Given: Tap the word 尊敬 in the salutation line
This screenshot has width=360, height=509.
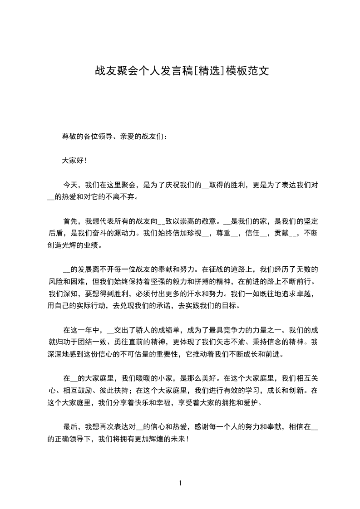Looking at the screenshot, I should pyautogui.click(x=69, y=136).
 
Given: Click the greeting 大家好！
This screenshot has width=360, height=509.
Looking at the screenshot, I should pyautogui.click(x=74, y=160).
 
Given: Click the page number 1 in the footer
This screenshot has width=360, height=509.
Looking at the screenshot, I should pyautogui.click(x=180, y=483).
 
